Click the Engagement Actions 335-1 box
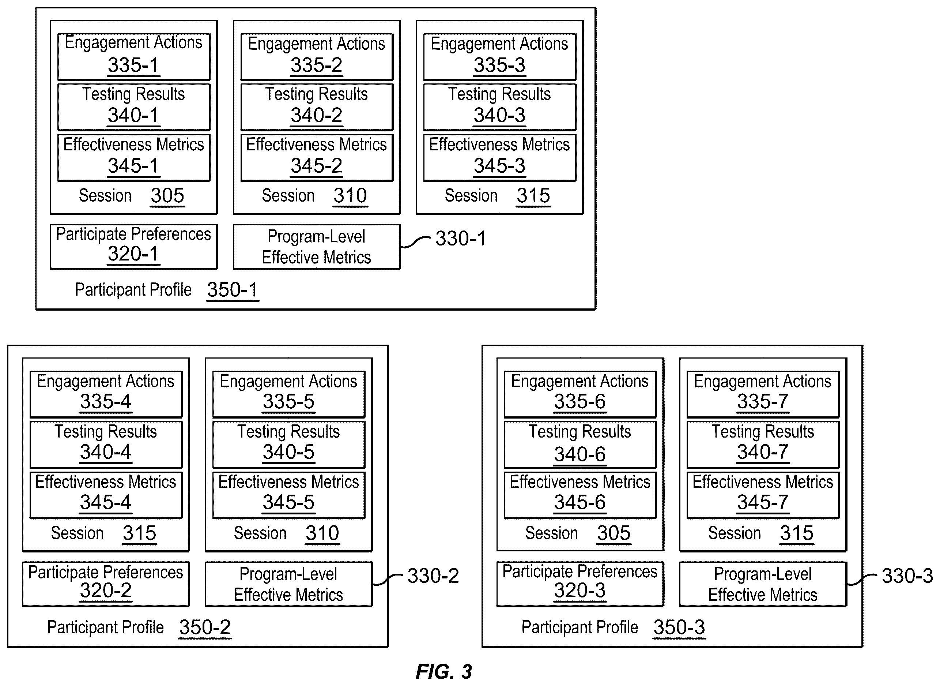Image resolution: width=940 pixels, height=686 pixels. tap(134, 57)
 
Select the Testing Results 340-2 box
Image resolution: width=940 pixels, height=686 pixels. tap(317, 107)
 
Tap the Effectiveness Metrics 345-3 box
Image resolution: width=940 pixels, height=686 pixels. tap(500, 157)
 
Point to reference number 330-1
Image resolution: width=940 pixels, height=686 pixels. tap(460, 238)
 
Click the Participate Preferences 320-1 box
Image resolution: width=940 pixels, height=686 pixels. tap(134, 247)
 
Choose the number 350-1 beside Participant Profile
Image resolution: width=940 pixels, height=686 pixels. tap(233, 289)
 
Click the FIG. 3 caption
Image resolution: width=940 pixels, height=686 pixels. tap(443, 671)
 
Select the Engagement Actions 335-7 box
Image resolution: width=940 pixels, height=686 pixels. tap(763, 394)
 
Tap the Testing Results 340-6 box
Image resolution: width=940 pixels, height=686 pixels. tap(580, 445)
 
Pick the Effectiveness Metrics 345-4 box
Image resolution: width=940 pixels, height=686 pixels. tap(106, 495)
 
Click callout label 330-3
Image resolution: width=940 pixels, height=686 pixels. tap(907, 576)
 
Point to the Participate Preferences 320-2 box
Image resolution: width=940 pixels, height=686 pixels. tap(106, 584)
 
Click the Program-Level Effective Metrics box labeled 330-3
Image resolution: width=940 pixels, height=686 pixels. tap(763, 584)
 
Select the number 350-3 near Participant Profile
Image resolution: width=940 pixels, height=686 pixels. tap(679, 627)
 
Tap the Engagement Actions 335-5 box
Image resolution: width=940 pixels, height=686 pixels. tap(289, 394)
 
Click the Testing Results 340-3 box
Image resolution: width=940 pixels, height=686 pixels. tap(500, 107)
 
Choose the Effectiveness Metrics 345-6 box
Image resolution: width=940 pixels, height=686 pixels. tap(580, 495)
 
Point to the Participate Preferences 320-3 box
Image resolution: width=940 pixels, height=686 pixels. tap(580, 584)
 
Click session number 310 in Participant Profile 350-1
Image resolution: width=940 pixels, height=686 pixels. tap(350, 196)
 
